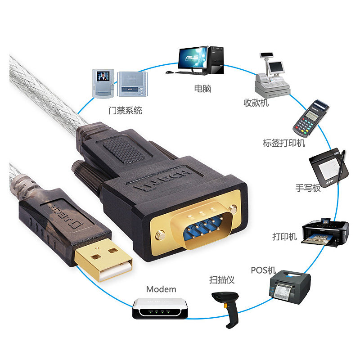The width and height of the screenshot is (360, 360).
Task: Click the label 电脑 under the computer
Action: (x=202, y=89)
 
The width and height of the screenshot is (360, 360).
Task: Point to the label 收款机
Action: (x=256, y=103)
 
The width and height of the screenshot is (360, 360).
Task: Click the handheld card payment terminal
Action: (x=310, y=118)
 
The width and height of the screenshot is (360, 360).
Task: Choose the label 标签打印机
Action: (x=284, y=143)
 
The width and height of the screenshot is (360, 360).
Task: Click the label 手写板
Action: (x=308, y=188)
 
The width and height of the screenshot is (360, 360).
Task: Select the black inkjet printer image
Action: (x=325, y=231)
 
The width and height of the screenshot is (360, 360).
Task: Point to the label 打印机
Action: (x=284, y=236)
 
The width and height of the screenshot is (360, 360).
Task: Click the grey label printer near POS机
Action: (x=290, y=285)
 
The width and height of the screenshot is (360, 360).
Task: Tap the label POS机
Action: (x=263, y=270)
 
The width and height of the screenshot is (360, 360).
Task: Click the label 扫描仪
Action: (x=222, y=280)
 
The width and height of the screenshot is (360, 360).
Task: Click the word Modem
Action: (x=161, y=289)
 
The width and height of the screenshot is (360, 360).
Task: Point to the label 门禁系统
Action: (x=125, y=110)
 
